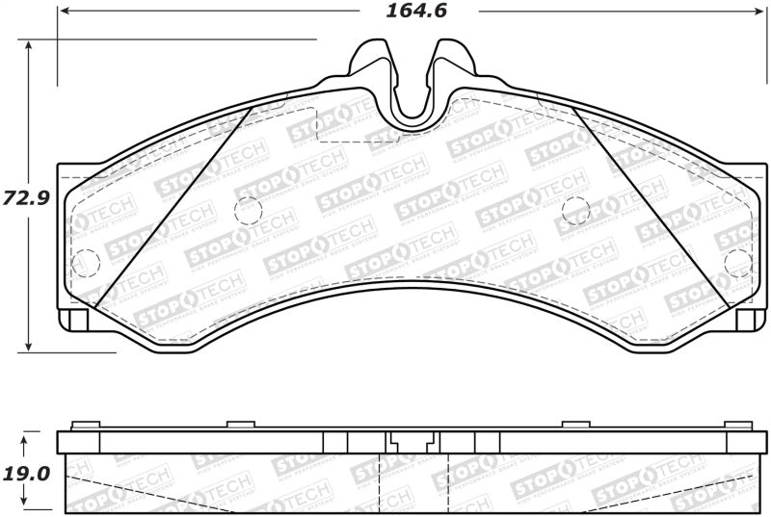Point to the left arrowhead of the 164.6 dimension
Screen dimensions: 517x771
[64, 12]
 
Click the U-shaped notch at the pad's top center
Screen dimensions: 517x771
[412, 91]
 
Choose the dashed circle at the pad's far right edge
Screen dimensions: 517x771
[737, 261]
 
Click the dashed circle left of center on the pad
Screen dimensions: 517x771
[249, 209]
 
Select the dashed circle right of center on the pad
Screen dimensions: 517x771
[575, 209]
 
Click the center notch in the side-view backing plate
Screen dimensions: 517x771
[412, 444]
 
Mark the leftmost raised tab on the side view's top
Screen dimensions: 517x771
[86, 425]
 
